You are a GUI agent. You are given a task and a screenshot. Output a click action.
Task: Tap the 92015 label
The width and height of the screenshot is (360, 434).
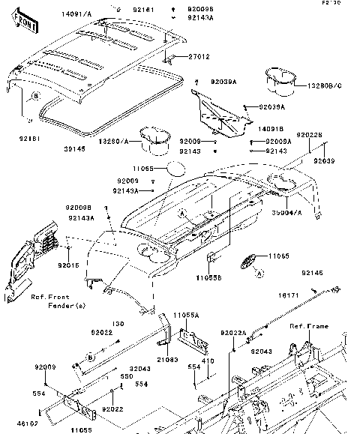tap(69, 265)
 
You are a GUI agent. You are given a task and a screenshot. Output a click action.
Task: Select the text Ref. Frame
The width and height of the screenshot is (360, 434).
tap(308, 326)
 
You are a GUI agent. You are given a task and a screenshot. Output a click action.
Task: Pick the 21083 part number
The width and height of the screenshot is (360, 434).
tap(166, 360)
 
